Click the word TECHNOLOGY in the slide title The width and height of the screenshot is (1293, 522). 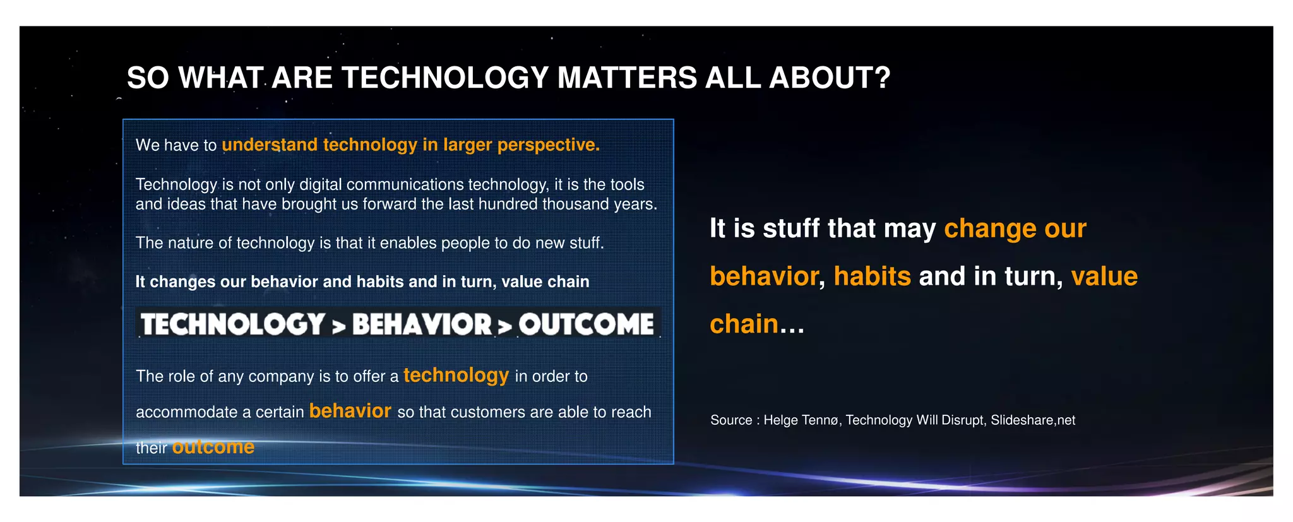(x=445, y=78)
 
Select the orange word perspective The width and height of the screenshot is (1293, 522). (x=548, y=145)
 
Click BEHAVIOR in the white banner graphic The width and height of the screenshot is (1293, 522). (x=422, y=324)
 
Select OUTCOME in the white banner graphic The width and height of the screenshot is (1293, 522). (x=587, y=324)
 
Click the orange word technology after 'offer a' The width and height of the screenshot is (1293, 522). (x=456, y=375)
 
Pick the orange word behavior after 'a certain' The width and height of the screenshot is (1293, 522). (x=350, y=411)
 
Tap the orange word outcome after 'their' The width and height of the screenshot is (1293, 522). (x=213, y=447)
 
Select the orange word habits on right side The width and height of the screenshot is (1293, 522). (x=872, y=276)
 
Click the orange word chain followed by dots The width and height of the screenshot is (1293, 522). (x=744, y=324)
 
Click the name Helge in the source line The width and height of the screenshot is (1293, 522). (x=782, y=420)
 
